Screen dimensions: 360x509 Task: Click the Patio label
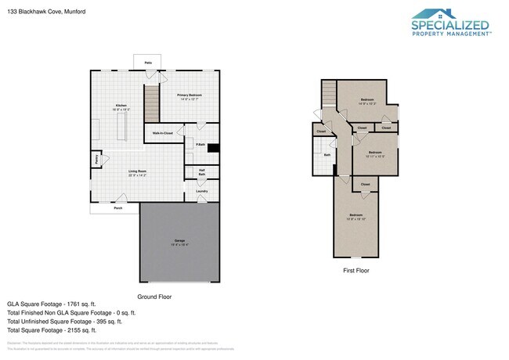(x=147, y=62)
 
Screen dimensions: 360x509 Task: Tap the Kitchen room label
(x=121, y=106)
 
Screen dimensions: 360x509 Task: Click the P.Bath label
(x=200, y=145)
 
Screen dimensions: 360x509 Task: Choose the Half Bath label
(x=201, y=172)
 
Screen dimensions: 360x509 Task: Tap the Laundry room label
(x=201, y=190)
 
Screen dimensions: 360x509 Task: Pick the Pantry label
(x=96, y=159)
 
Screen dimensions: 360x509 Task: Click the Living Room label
(x=138, y=172)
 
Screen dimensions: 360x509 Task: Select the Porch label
(x=117, y=208)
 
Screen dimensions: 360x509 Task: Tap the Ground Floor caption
(x=154, y=297)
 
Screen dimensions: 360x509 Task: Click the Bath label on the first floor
(x=327, y=155)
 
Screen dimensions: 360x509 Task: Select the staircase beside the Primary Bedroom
(x=151, y=101)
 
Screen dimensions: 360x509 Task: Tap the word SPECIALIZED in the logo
(x=450, y=24)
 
